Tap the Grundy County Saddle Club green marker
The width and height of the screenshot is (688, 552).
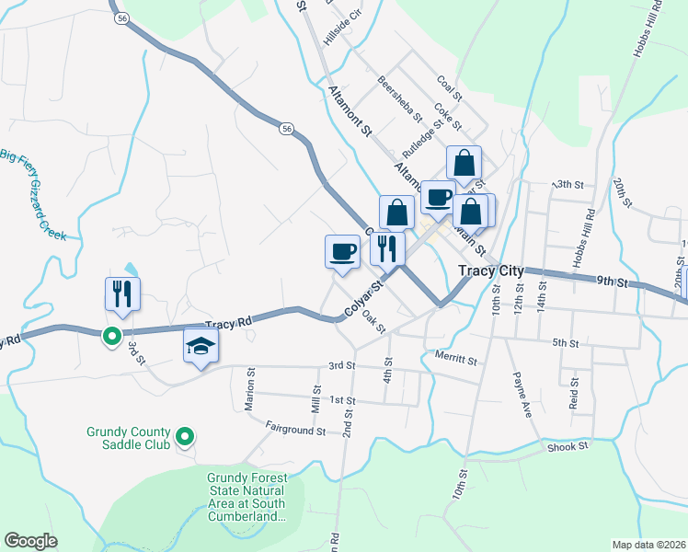[184, 437]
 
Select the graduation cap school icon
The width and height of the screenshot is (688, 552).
[201, 347]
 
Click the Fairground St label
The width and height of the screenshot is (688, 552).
[295, 428]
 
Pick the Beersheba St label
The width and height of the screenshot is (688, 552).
[398, 98]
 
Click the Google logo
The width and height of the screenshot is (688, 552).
[31, 541]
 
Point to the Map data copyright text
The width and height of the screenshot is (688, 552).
[648, 544]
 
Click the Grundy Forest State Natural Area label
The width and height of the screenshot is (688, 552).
[247, 498]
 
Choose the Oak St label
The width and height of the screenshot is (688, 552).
[373, 321]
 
